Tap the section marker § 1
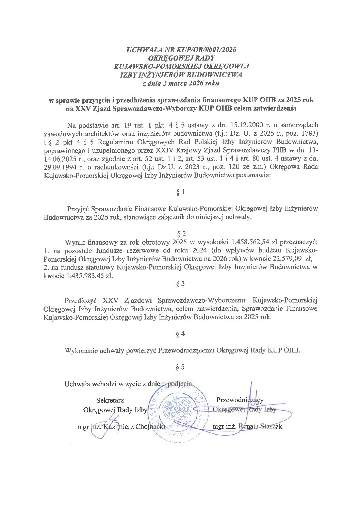tap(181, 192)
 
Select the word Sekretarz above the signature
tap(110, 400)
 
